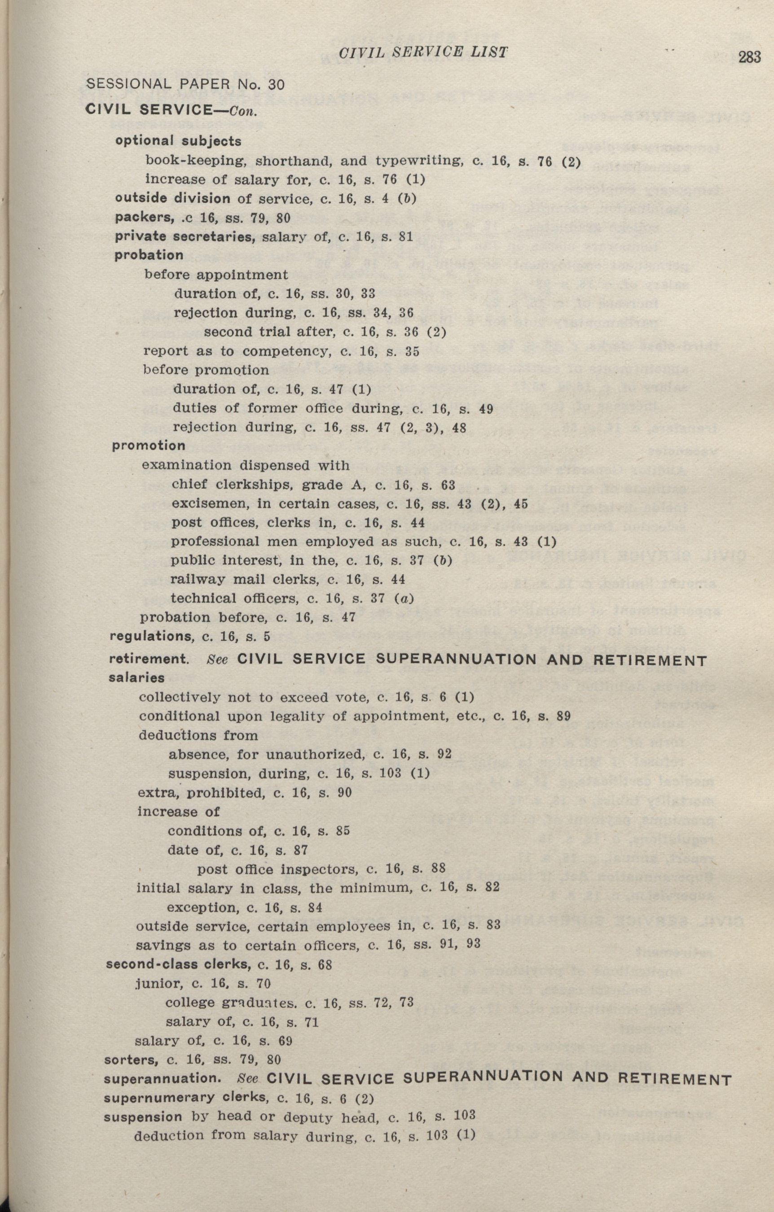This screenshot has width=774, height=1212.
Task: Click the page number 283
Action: point(749,58)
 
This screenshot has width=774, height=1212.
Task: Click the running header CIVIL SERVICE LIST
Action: point(423,52)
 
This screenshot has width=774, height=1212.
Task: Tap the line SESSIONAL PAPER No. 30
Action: point(186,84)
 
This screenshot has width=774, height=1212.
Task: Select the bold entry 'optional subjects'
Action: point(178,141)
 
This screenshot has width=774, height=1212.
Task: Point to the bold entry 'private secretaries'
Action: point(184,236)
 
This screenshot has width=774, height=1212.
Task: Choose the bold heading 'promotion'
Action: point(149,446)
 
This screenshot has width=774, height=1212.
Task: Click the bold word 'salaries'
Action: point(136,678)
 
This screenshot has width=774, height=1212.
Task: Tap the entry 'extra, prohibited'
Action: point(194,793)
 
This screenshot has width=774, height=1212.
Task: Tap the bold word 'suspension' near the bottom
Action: point(143,1117)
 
